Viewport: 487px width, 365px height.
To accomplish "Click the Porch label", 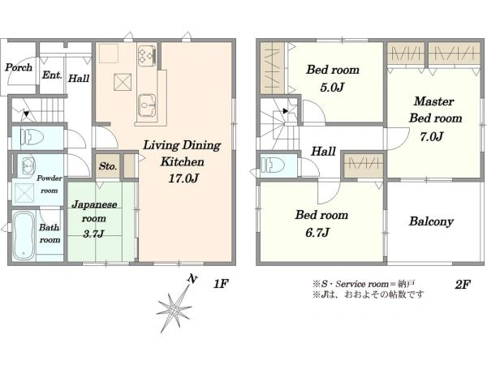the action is pos(19,67).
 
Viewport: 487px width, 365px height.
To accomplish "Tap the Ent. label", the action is pos(52,75).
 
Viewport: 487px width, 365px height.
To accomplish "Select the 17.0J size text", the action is pos(183,178).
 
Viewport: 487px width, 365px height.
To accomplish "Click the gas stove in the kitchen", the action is pos(147,55).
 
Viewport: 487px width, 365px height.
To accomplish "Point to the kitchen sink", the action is pos(147,105).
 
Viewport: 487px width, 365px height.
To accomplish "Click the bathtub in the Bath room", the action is pos(24,236).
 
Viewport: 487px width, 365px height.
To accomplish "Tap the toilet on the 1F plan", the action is pos(32,137).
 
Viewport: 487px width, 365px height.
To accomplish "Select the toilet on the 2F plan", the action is pos(273,165).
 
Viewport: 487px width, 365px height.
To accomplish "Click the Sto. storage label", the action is pos(108,166).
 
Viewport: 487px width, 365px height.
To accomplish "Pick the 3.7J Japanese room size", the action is pos(93,234).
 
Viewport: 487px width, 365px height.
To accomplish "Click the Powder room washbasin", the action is pos(28,165).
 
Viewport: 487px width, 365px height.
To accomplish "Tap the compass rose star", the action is pos(174,309).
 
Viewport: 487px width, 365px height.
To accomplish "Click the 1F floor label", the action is pos(221,283).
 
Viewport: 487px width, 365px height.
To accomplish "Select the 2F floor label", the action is pos(463,284).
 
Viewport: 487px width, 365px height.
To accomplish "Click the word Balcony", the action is pos(431,221).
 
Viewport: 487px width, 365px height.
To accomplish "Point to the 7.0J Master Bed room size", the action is pos(432,136).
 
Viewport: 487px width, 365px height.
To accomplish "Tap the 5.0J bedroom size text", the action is pos(332,88).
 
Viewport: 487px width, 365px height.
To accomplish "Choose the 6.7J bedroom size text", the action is pos(317,232).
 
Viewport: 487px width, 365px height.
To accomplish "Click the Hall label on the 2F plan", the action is pos(323,152).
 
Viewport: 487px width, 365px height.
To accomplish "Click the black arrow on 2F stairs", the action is pos(286,110).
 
